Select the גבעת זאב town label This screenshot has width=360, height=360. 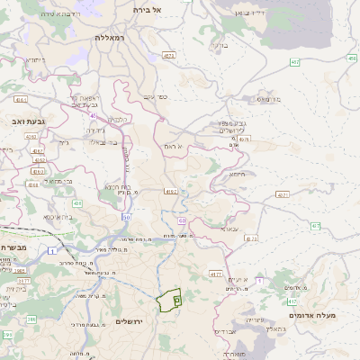[x=17, y=120]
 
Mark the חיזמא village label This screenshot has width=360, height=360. [x=238, y=175]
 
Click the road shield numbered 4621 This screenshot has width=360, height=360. [x=168, y=56]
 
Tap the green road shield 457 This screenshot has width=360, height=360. [x=294, y=62]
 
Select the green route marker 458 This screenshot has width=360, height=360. [x=351, y=58]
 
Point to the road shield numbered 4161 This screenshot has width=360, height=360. [x=21, y=100]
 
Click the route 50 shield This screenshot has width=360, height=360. [x=127, y=217]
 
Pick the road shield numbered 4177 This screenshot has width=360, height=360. [x=215, y=274]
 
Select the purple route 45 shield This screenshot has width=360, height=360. [x=93, y=115]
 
